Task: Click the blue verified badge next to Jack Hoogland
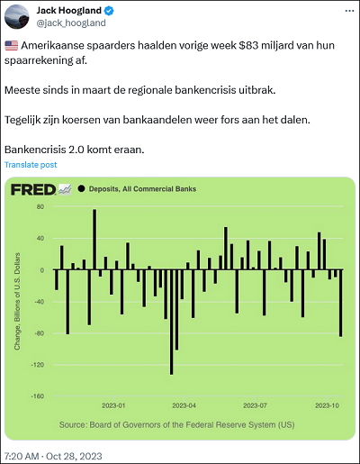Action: [x=109, y=11]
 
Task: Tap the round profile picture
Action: [x=17, y=16]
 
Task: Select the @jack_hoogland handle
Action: [x=71, y=23]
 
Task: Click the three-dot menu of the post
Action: [x=349, y=11]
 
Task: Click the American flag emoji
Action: [x=12, y=46]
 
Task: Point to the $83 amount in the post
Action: [x=248, y=45]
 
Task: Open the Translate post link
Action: [x=31, y=165]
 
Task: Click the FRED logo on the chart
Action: [x=33, y=189]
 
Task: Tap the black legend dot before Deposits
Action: [x=81, y=188]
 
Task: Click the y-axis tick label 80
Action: [x=40, y=206]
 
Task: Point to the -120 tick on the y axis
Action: [x=38, y=365]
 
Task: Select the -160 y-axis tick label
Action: [x=38, y=396]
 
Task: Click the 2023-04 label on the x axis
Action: [x=184, y=405]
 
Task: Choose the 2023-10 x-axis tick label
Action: [x=327, y=405]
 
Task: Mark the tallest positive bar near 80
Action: [x=94, y=240]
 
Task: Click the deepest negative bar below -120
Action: [x=171, y=322]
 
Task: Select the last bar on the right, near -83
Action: [x=341, y=303]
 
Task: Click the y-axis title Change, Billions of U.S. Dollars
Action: [x=17, y=301]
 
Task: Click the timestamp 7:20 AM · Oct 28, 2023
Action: [x=53, y=456]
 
